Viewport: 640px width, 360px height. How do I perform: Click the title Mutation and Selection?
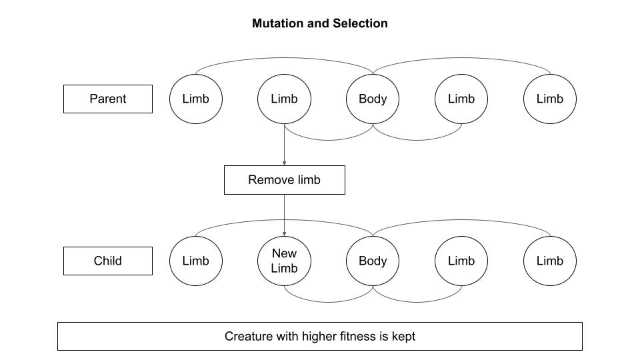click(x=320, y=23)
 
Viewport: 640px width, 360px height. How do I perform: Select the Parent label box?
click(x=108, y=99)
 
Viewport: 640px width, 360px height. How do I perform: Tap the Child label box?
click(x=108, y=261)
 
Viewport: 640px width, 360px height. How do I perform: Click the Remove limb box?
click(x=284, y=180)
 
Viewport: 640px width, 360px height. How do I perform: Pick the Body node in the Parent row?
click(x=373, y=99)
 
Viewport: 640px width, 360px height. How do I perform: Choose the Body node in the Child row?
click(x=373, y=261)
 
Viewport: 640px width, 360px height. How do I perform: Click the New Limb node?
click(x=284, y=261)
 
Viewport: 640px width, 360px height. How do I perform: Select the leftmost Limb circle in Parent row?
click(x=195, y=99)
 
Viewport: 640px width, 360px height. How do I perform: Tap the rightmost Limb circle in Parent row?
click(x=550, y=99)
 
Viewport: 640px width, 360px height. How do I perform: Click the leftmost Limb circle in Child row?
click(x=195, y=261)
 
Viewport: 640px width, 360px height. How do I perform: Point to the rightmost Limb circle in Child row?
click(x=550, y=261)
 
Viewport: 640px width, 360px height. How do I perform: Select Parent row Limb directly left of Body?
click(x=284, y=99)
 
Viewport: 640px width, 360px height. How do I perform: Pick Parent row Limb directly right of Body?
click(x=461, y=99)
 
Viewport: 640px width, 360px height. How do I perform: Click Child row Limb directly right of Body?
click(x=461, y=261)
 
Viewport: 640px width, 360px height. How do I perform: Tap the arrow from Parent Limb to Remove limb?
click(x=284, y=145)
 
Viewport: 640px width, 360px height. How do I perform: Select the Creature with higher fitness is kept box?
click(x=320, y=336)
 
